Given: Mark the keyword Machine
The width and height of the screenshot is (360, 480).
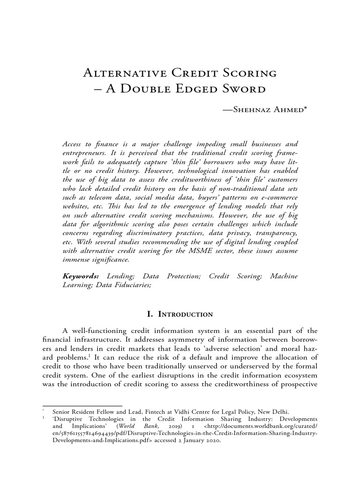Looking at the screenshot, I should (284, 277).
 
